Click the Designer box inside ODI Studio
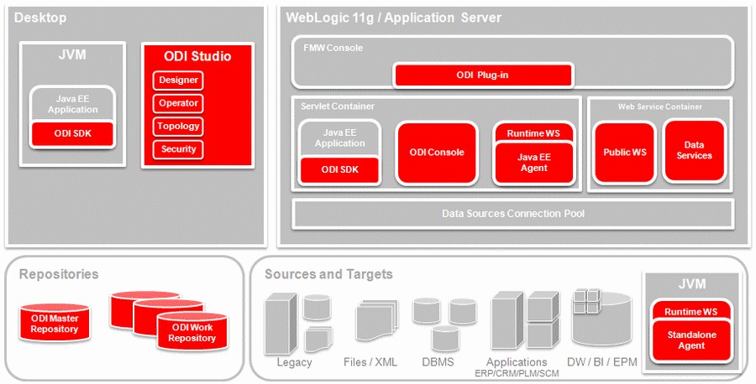tap(178, 80)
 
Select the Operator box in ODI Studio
tap(178, 103)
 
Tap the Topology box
tap(178, 126)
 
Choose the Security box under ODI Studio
tap(178, 149)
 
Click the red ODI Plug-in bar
tap(482, 75)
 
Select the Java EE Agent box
tap(533, 163)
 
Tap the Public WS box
tap(624, 153)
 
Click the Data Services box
tap(694, 151)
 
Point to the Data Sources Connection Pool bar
tap(512, 214)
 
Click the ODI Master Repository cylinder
tap(55, 324)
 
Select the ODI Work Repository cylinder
tap(192, 332)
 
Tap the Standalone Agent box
tap(691, 340)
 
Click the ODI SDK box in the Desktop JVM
tap(72, 134)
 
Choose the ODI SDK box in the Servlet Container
tap(339, 169)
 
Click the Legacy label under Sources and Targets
tap(294, 362)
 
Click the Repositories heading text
tap(59, 274)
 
